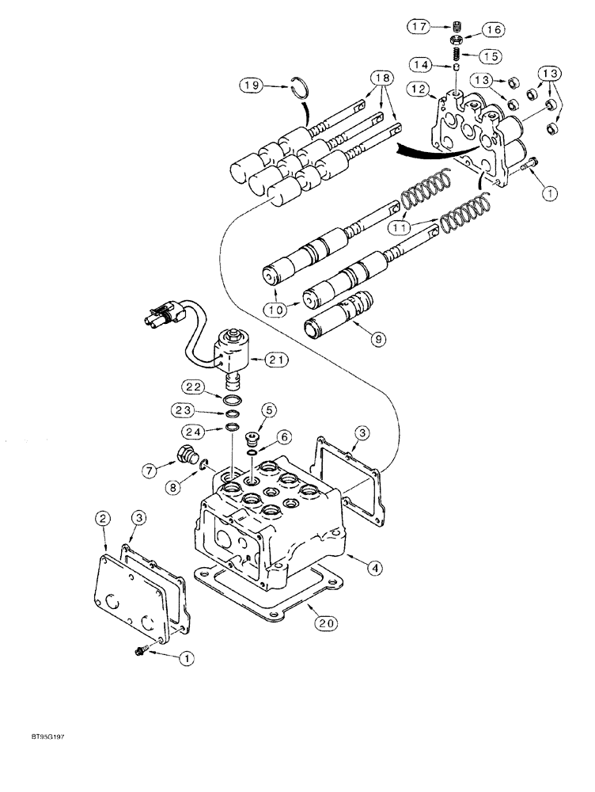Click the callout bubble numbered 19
[x=252, y=86]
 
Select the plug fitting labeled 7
[x=187, y=456]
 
